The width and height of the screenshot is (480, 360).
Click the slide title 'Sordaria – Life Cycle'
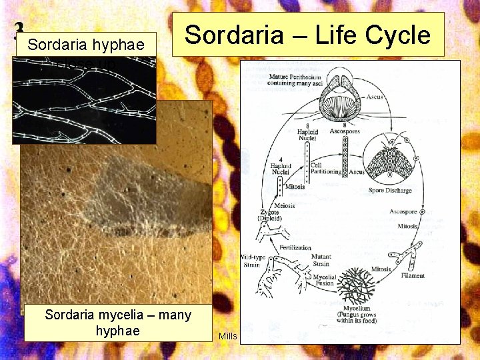point(307,34)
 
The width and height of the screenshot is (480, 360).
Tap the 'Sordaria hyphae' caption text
point(87,45)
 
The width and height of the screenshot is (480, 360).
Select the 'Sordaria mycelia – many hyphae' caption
point(117,322)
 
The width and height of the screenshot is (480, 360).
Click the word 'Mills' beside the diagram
point(228,336)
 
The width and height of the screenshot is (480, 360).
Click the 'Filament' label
point(413,275)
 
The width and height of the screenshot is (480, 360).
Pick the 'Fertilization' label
point(295,247)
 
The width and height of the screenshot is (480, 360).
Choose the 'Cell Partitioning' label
point(325,168)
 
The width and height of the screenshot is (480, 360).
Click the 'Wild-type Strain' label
point(251,260)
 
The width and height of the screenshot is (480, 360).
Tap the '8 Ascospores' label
point(344,129)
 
